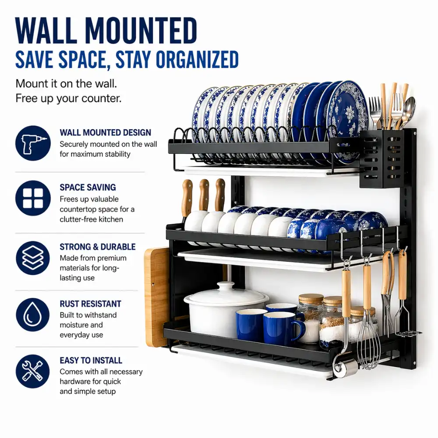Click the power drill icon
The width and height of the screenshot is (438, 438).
pyautogui.click(x=33, y=143)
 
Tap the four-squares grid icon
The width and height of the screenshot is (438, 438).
pyautogui.click(x=33, y=198)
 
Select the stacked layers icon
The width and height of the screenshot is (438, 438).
pyautogui.click(x=33, y=258)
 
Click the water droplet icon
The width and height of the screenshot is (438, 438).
pyautogui.click(x=33, y=315)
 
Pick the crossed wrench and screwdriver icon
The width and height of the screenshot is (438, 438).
pyautogui.click(x=33, y=371)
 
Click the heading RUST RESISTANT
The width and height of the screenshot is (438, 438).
pyautogui.click(x=91, y=304)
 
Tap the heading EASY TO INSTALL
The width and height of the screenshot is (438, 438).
pyautogui.click(x=91, y=360)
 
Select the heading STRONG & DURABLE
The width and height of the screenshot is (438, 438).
pyautogui.click(x=98, y=247)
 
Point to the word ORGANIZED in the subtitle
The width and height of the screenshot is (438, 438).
pyautogui.click(x=197, y=60)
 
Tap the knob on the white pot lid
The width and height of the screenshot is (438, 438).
pyautogui.click(x=226, y=287)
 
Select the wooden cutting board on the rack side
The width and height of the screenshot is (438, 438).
pyautogui.click(x=157, y=297)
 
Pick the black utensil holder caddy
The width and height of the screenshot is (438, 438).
pyautogui.click(x=381, y=159)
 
